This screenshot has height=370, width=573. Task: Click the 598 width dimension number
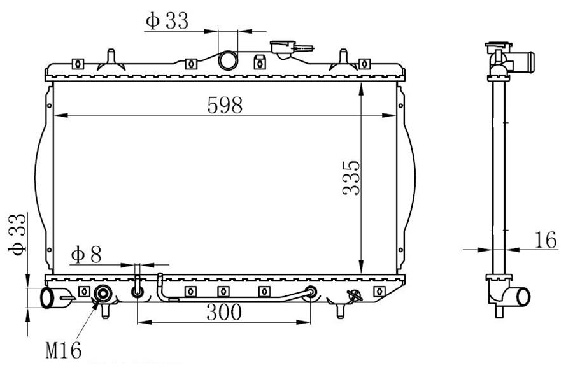click(x=224, y=105)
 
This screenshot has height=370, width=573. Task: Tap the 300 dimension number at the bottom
click(x=224, y=312)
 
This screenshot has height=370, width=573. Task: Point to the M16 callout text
click(x=63, y=350)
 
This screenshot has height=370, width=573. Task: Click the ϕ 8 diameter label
click(x=86, y=255)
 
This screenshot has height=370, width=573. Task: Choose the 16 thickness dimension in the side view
click(x=546, y=240)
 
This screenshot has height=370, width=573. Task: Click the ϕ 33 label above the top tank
click(x=167, y=20)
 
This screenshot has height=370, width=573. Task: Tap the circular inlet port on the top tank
click(x=228, y=60)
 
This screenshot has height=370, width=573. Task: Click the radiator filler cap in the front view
click(x=282, y=48)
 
